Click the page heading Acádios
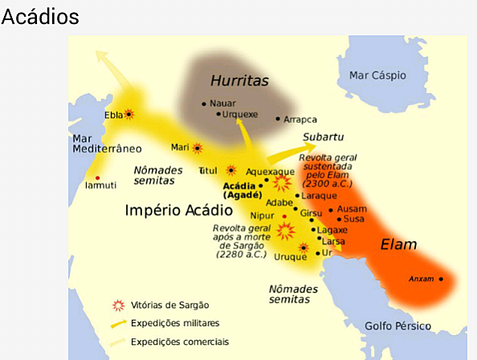click(x=41, y=17)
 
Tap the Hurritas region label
click(x=238, y=80)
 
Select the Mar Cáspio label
click(x=377, y=75)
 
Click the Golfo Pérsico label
click(x=397, y=325)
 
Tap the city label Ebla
click(x=113, y=115)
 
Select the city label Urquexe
click(x=239, y=114)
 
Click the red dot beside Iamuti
click(x=98, y=178)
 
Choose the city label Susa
click(x=356, y=219)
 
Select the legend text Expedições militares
click(x=178, y=323)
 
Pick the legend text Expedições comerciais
click(x=181, y=341)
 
